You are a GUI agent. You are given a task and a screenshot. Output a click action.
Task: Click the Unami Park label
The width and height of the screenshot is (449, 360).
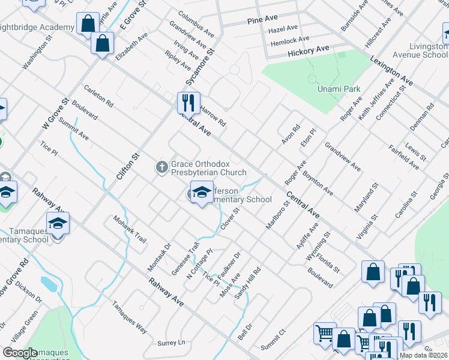point(339,89)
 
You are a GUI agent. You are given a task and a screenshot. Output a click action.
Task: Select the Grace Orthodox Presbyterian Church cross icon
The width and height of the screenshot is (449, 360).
point(161,167)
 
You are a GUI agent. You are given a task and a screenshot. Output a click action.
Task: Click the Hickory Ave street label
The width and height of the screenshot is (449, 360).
point(309,50)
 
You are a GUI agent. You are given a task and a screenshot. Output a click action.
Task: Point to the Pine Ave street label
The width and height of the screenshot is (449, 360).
point(262,20)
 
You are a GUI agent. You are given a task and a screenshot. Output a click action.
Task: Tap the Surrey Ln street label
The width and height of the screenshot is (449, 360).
point(171,343)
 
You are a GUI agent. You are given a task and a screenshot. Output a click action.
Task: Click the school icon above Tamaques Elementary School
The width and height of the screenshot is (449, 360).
point(58,224)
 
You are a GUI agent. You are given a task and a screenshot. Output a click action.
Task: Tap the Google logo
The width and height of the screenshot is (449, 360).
point(20,353)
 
